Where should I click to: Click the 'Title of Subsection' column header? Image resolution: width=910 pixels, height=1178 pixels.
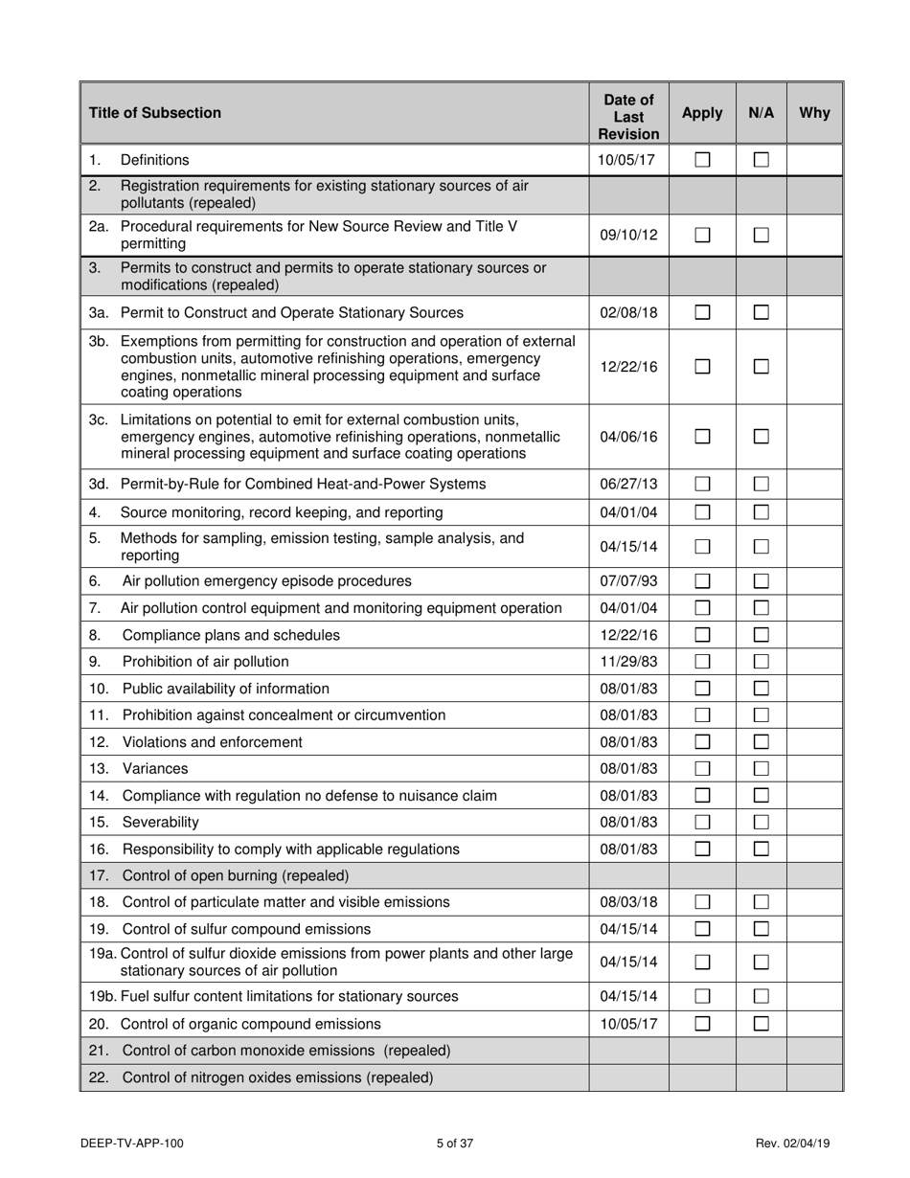[155, 113]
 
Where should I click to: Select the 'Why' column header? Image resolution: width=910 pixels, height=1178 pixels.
[814, 113]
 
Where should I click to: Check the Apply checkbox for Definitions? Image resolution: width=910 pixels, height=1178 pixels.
[702, 160]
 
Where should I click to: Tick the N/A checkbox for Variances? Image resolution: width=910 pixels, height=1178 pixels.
[762, 768]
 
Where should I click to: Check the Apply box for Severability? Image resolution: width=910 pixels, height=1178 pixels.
[702, 822]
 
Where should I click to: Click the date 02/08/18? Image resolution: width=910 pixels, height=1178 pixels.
[628, 312]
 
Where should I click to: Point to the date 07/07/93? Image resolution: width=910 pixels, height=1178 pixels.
[628, 580]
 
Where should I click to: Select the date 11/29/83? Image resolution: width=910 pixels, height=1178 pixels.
[628, 661]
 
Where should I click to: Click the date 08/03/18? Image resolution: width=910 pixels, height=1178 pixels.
[628, 901]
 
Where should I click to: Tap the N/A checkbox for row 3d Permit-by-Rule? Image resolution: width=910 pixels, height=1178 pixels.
[762, 485]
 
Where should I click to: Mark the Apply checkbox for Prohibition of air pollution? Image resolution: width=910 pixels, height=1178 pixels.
[702, 661]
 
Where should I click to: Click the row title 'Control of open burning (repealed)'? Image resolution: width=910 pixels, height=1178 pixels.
[235, 875]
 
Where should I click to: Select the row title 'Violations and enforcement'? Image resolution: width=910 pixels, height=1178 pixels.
[212, 741]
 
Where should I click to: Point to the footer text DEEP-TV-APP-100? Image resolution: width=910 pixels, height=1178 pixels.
[133, 1143]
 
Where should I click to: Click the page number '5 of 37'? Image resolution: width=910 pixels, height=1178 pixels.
[455, 1143]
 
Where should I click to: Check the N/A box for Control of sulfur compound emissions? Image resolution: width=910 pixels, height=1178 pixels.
[762, 928]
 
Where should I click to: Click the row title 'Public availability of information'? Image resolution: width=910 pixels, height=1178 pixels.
[225, 688]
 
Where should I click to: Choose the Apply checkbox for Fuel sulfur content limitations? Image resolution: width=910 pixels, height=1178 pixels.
[702, 996]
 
